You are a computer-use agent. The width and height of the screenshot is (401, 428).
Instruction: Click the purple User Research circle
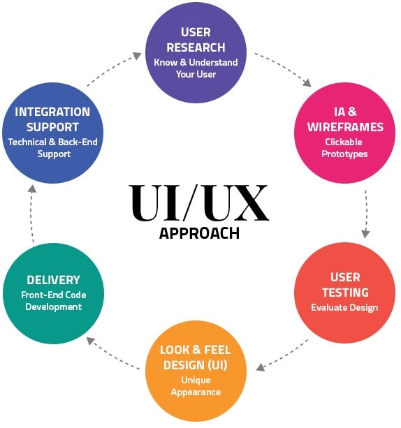(x=196, y=52)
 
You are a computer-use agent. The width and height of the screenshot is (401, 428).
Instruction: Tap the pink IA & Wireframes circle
(x=344, y=133)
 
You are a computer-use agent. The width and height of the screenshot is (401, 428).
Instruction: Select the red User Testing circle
(x=344, y=293)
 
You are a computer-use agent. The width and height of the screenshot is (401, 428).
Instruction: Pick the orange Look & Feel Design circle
(x=196, y=371)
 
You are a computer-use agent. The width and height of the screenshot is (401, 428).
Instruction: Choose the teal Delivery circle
(x=54, y=294)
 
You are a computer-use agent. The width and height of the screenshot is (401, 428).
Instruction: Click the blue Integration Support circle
(x=52, y=133)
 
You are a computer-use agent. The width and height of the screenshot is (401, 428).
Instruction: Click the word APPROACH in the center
(x=199, y=233)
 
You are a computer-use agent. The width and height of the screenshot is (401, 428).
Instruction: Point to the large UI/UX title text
(x=199, y=202)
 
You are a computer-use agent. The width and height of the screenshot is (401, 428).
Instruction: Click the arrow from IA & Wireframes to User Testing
(x=366, y=213)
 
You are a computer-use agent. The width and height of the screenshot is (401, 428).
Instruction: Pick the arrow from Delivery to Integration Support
(x=31, y=213)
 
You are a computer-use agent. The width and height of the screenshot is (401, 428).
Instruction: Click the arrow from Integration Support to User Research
(x=113, y=68)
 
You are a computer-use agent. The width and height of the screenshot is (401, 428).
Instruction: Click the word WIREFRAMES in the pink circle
(x=345, y=127)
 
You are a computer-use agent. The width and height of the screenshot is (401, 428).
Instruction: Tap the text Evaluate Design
(x=344, y=308)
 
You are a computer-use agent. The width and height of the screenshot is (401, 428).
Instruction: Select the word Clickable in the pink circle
(x=343, y=142)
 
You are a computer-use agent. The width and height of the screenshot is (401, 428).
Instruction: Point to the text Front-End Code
(x=54, y=295)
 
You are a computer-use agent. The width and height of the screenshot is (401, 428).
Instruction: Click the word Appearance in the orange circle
(x=196, y=392)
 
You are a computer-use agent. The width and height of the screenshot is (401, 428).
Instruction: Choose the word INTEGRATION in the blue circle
(x=52, y=112)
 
